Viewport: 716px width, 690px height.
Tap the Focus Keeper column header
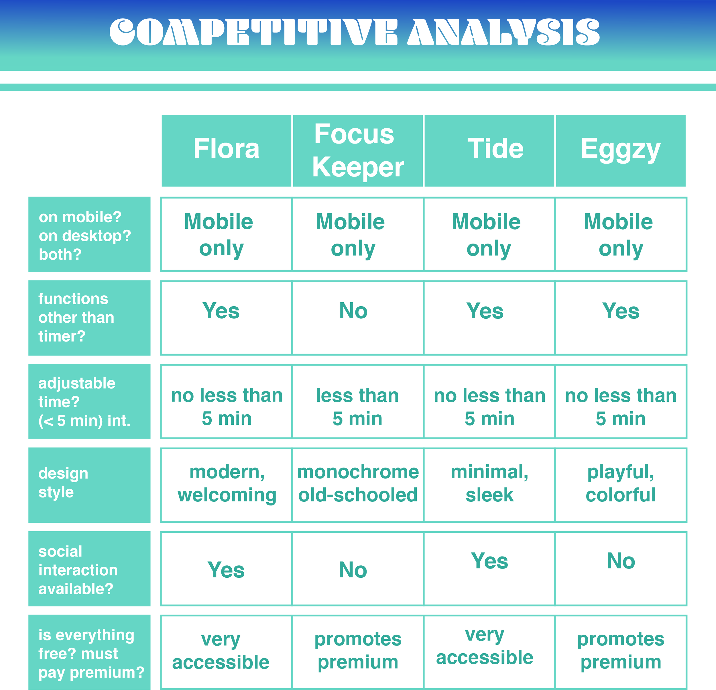pos(358,150)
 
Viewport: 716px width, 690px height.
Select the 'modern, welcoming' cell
pos(227,483)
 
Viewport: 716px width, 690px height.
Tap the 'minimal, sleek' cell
pos(489,483)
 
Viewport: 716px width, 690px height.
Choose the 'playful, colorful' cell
pos(621,483)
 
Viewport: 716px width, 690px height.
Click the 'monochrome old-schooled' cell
pos(358,483)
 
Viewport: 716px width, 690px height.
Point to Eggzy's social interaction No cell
pos(621,561)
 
